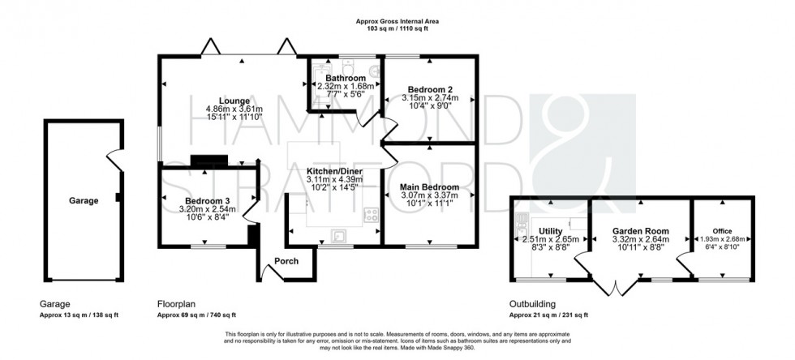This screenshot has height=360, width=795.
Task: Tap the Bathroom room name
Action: point(345,78)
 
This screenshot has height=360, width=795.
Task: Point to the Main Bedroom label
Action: point(429,186)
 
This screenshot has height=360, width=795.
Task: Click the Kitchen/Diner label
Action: point(333,171)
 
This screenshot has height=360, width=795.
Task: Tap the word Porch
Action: point(287,261)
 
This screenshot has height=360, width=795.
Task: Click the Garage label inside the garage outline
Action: point(84,200)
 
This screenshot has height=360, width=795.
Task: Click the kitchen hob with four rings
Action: point(372,215)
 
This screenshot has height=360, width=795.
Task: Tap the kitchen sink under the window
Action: point(339,236)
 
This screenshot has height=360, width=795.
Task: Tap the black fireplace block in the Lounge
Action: point(201,161)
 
